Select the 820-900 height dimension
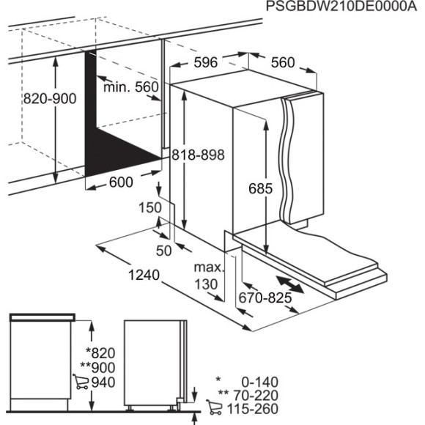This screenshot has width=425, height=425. pos(50,98)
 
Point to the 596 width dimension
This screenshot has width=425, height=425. pos(205,63)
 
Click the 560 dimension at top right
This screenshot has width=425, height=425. pos(282,63)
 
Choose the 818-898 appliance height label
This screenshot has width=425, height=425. pos(197,155)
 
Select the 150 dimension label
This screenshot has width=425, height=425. pos(149,208)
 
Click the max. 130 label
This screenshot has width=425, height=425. pos(207,275)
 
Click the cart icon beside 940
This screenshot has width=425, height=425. pos(80,382)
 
